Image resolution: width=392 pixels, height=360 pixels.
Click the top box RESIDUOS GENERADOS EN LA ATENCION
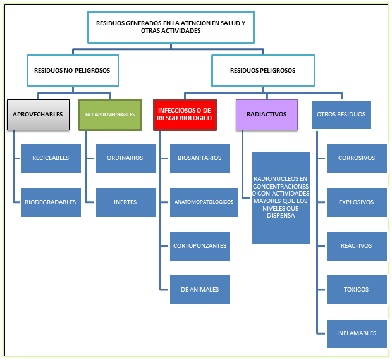pos(171,27)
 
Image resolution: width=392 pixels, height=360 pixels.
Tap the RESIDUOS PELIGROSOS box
pos(262,71)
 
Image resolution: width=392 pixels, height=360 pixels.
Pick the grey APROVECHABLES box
pos(38,115)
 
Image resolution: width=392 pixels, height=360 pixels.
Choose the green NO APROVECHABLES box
pos(110,115)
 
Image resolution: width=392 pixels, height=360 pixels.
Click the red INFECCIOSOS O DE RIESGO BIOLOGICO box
pos(185,115)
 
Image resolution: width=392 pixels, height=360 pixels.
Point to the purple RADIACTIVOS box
pos(267,115)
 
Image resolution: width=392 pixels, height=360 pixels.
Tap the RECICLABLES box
pos(51,158)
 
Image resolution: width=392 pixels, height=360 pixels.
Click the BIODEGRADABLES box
pos(51,202)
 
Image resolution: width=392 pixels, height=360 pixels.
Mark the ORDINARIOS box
pos(125,158)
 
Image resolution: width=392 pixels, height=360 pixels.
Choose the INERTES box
pos(125,202)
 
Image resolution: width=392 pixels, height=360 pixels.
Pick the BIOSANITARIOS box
pos(200,158)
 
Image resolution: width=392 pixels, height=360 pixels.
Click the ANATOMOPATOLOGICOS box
pos(200,202)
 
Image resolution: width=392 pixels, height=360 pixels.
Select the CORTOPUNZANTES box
pos(200,246)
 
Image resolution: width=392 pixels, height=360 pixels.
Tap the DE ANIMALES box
pos(200,290)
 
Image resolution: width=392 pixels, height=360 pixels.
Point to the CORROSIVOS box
pos(357,158)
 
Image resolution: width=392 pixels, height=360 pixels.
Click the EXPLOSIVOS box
pos(357,202)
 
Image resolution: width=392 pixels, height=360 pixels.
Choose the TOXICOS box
pos(357,290)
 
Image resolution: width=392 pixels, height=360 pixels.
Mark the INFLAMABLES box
pos(357,333)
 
